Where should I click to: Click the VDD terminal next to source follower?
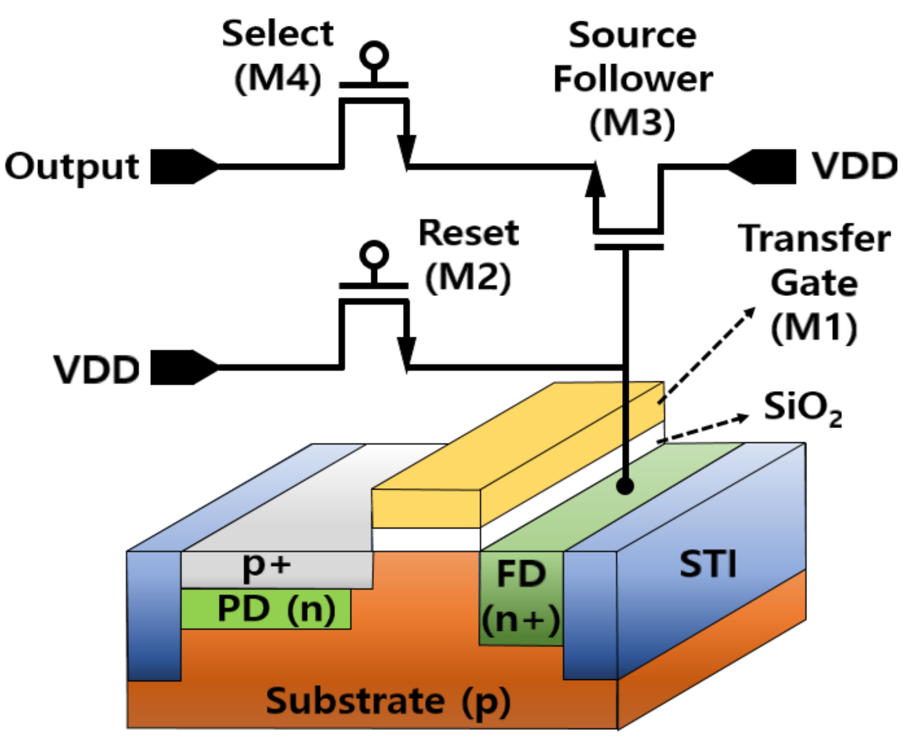(765, 166)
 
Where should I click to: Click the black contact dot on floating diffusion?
(625, 486)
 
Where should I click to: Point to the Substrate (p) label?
(388, 701)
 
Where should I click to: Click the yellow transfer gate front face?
(426, 508)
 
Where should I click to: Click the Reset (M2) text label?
(469, 255)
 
